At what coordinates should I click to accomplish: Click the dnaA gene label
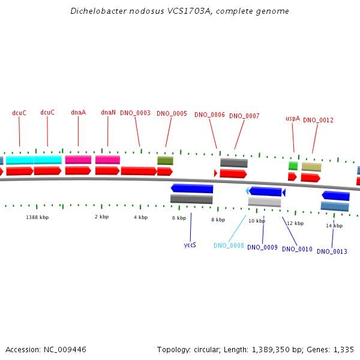pos(78,112)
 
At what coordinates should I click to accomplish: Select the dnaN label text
pos(108,112)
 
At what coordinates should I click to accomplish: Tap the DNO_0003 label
pos(135,113)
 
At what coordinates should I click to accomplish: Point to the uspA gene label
pos(293,118)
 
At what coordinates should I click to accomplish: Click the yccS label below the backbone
pos(190,245)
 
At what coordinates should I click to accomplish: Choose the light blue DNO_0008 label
pos(229,245)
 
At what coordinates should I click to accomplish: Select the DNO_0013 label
pos(332,251)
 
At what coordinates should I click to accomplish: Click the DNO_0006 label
pos(209,115)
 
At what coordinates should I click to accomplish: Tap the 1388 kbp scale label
pos(37,217)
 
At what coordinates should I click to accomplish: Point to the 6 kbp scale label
pos(179,218)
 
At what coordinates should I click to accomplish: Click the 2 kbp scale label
pos(102,217)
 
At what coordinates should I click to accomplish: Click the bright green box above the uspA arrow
pos(293,166)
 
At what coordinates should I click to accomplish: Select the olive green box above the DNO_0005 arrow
pos(166,161)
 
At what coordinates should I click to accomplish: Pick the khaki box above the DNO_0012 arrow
pos(311,167)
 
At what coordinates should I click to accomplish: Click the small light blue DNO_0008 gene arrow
pos(247,191)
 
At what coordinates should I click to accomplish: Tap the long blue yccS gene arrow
pos(192,188)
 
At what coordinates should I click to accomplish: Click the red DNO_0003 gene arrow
pos(139,171)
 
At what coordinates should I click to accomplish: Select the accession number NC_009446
pos(65,350)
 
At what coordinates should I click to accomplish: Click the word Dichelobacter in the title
pos(98,11)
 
